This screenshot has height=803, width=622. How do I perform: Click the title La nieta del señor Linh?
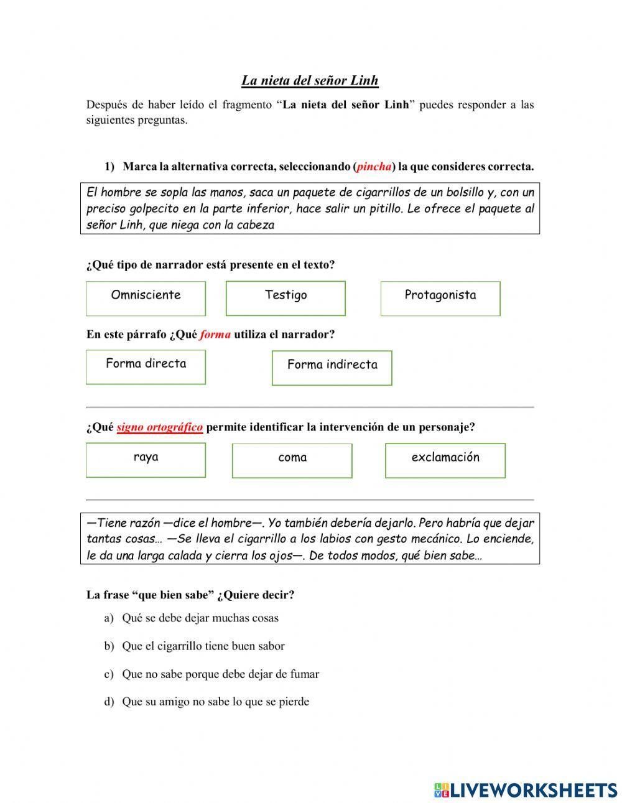pyautogui.click(x=310, y=80)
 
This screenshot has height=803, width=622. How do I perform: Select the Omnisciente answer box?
pyautogui.click(x=146, y=298)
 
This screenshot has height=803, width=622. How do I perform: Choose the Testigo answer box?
pyautogui.click(x=285, y=298)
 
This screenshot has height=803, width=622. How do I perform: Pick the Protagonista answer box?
pyautogui.click(x=440, y=298)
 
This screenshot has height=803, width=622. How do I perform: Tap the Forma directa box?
pyautogui.click(x=146, y=366)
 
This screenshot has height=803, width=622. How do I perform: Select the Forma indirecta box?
pyautogui.click(x=332, y=368)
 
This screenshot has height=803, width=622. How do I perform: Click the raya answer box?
pyautogui.click(x=146, y=460)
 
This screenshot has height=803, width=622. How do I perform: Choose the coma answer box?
pyautogui.click(x=292, y=460)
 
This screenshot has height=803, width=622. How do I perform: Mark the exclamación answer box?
pyautogui.click(x=445, y=460)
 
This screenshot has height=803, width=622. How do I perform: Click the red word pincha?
pyautogui.click(x=374, y=167)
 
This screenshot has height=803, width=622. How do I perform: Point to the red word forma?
pyautogui.click(x=216, y=335)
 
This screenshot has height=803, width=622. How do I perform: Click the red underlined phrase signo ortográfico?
pyautogui.click(x=159, y=427)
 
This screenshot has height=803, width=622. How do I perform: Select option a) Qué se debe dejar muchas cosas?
pyautogui.click(x=200, y=618)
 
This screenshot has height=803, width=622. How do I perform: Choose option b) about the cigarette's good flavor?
pyautogui.click(x=203, y=646)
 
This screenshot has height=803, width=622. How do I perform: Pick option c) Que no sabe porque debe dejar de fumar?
pyautogui.click(x=220, y=674)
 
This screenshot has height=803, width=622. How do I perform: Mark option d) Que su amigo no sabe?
pyautogui.click(x=215, y=702)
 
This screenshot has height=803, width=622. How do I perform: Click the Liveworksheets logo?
pyautogui.click(x=525, y=789)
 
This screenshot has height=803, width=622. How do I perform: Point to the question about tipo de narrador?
pyautogui.click(x=210, y=265)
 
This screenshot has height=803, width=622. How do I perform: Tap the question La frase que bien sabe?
pyautogui.click(x=190, y=595)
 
